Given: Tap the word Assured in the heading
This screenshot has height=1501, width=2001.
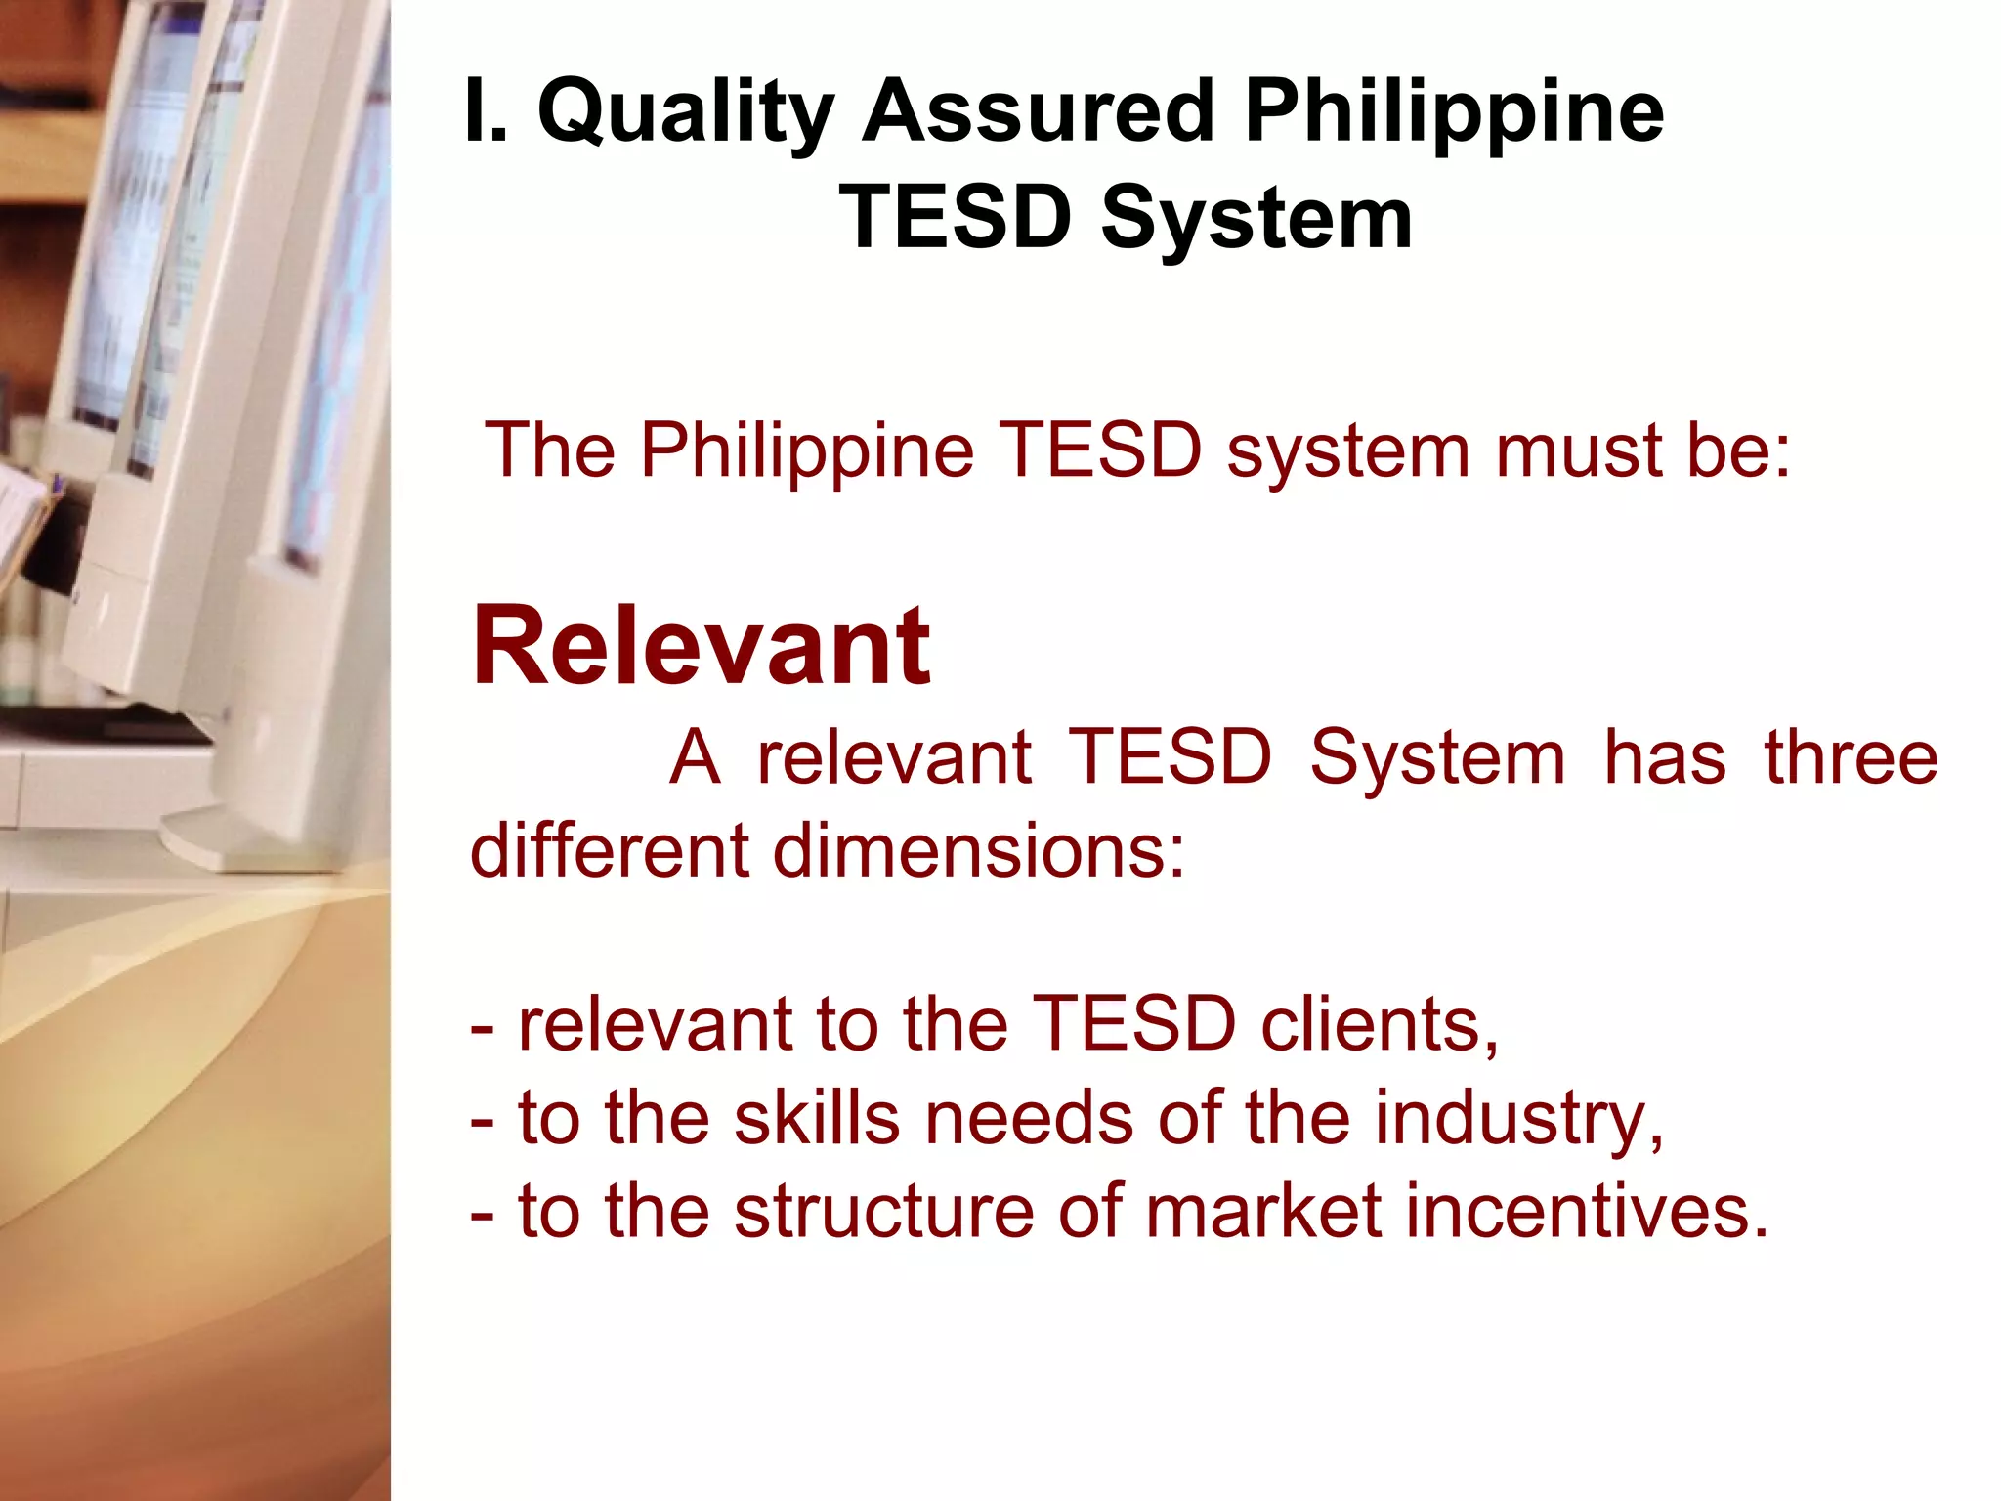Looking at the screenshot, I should (1037, 111).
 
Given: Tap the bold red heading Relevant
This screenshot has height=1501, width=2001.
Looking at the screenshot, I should (701, 647).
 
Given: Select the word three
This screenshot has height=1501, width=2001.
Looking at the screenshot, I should (1851, 758).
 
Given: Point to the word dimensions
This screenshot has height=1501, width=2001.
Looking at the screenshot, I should (978, 850).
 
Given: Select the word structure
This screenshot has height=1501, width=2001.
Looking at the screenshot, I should (884, 1212).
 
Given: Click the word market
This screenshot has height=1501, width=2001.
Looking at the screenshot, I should (1263, 1212).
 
